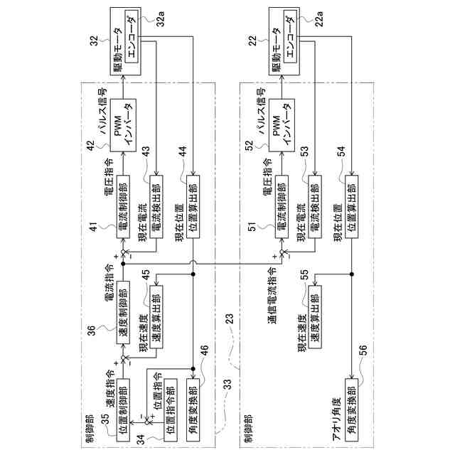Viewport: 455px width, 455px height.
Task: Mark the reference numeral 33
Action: point(227,384)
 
